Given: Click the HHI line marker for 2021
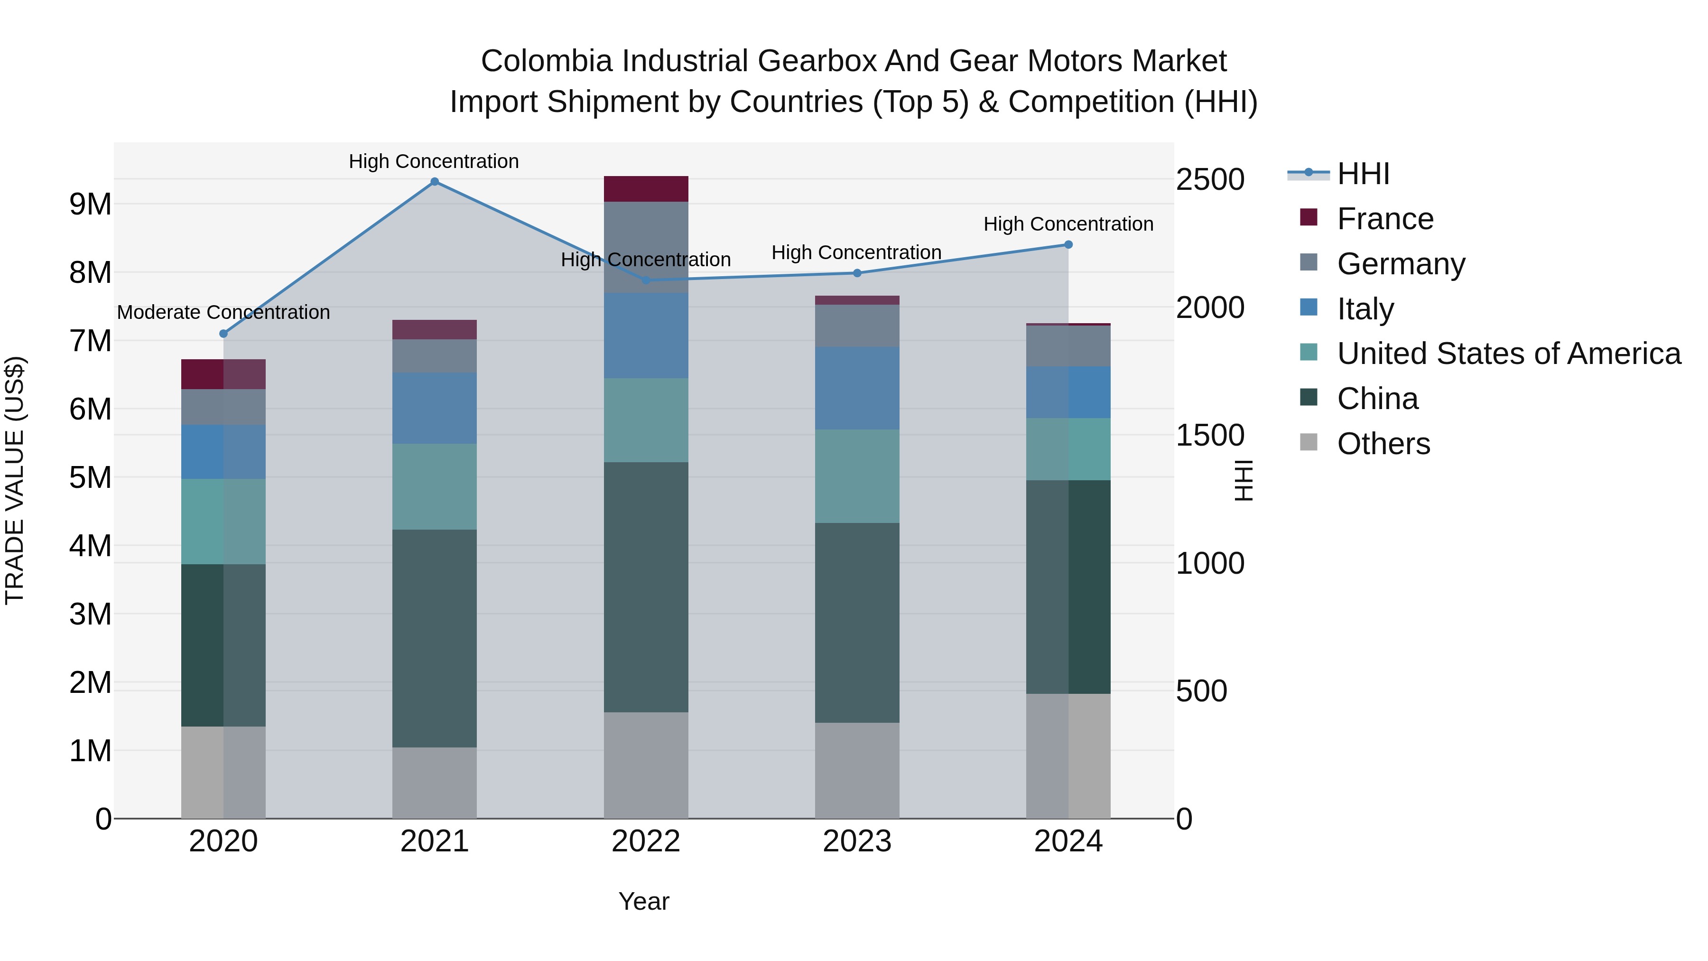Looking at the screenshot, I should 434,182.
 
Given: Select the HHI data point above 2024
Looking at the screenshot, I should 1068,245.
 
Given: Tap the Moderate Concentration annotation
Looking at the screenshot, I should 223,312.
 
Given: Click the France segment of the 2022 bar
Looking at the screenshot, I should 646,189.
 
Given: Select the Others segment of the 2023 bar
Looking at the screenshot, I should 857,770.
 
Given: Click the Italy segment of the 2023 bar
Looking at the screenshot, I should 857,388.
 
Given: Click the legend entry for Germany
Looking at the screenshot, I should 1401,264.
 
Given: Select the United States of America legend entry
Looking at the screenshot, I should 1508,354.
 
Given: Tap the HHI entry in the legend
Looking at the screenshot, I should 1363,174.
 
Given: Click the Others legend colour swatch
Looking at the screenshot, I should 1309,442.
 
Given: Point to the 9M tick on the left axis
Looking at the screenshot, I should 90,204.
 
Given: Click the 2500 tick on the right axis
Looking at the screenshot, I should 1210,180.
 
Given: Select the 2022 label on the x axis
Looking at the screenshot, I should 646,841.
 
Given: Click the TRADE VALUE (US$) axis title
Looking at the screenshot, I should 15,480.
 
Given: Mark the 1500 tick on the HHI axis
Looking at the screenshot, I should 1210,436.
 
